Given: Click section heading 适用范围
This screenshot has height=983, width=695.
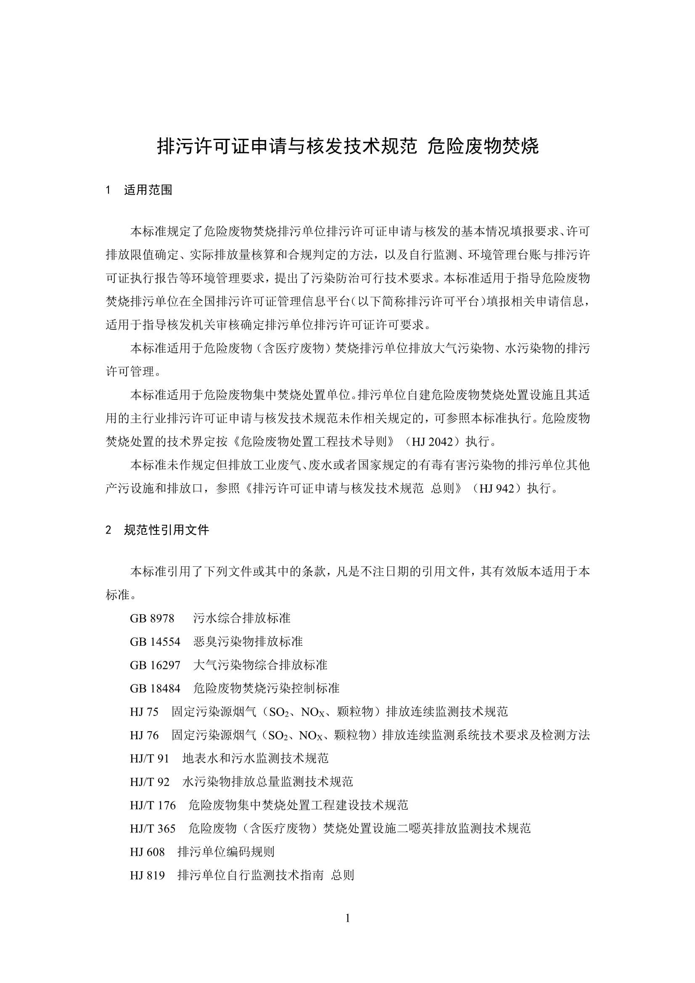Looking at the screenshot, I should pos(148,190).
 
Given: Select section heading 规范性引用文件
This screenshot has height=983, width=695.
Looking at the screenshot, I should pos(166,531).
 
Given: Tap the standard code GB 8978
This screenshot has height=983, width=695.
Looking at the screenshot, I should pos(152,618).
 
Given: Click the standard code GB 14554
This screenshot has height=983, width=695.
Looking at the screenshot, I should pos(155,642).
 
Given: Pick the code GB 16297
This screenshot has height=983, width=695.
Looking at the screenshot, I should pos(155,665).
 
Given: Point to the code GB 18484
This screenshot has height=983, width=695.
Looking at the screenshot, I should pos(155,688).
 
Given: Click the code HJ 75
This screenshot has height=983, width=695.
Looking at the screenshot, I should pos(144,712).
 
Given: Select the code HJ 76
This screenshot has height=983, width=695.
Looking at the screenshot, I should pos(144,735).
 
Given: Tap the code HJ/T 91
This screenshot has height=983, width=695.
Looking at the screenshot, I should pos(149,758).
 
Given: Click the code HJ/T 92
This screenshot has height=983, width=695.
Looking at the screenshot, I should pos(149,782).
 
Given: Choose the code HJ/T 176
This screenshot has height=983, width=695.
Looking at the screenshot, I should pos(153,805).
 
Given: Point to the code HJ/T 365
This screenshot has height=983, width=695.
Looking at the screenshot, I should pos(153,829).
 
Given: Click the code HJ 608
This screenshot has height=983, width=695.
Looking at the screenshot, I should pos(147,852).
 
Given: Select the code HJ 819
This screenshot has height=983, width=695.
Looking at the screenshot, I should pos(147,875).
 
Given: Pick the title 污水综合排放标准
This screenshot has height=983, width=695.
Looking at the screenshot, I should pos(241,618).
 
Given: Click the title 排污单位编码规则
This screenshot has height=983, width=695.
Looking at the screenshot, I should pos(226,852).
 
